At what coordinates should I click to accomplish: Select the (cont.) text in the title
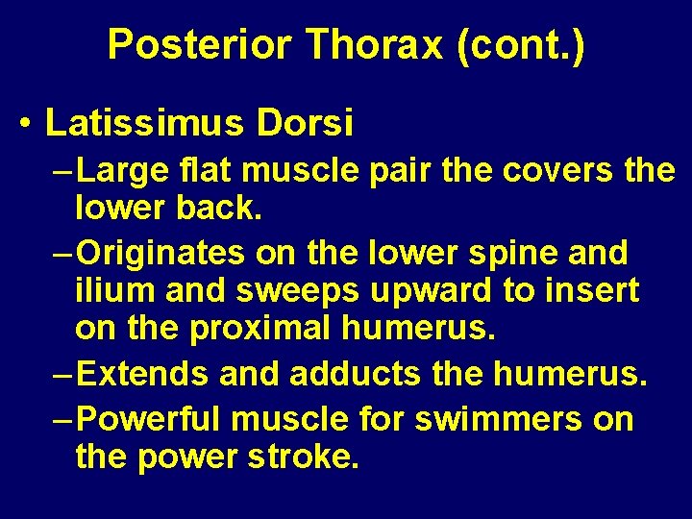coord(522,45)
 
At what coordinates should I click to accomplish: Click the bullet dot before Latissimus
coord(25,124)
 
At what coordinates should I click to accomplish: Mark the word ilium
coord(109,289)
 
